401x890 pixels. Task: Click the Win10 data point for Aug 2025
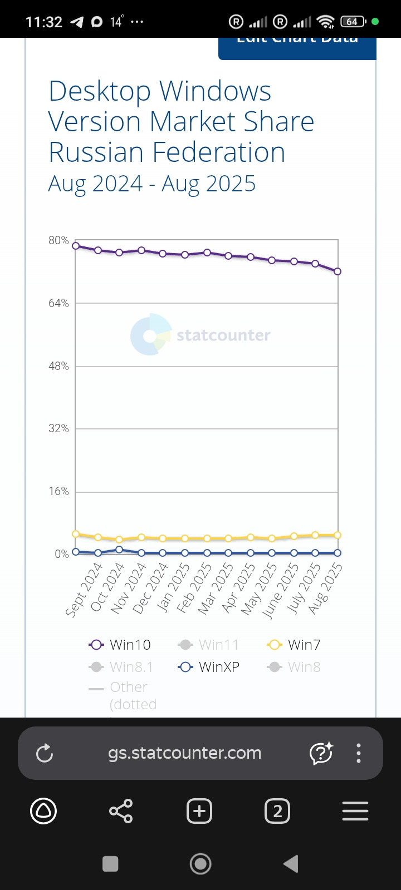(x=338, y=271)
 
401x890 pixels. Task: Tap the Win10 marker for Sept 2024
(x=76, y=245)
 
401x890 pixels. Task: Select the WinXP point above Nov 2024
(x=119, y=550)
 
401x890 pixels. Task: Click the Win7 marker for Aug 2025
(x=338, y=535)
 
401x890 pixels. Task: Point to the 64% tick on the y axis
(x=58, y=303)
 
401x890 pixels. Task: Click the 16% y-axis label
(x=58, y=491)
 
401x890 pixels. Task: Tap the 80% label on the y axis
(x=58, y=240)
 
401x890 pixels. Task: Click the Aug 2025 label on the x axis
(x=325, y=588)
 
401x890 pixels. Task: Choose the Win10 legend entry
(x=120, y=645)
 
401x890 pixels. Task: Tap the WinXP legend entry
(x=209, y=667)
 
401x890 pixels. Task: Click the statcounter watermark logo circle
(x=151, y=335)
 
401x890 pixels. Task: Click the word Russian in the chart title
(x=96, y=152)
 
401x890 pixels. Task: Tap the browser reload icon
(x=45, y=753)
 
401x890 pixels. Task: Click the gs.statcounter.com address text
(x=184, y=753)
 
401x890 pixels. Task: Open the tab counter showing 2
(x=277, y=811)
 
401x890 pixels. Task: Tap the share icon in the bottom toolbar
(x=121, y=811)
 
